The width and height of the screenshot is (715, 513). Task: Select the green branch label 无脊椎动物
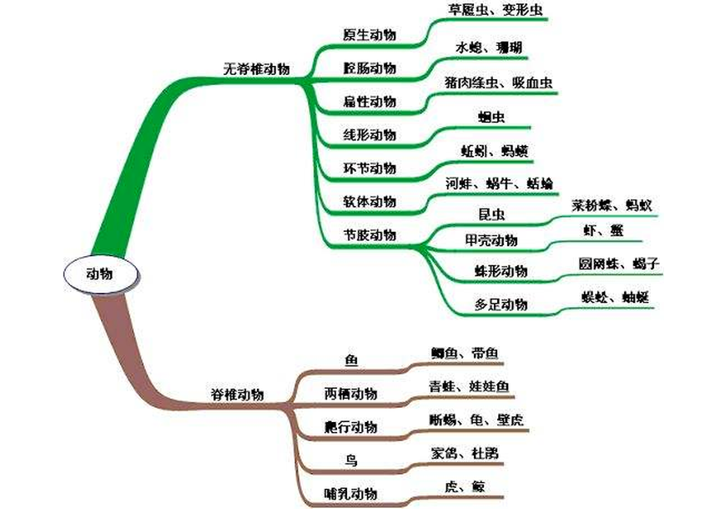click(257, 69)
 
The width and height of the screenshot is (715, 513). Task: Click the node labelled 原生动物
click(370, 35)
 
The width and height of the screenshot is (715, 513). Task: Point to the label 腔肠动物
click(370, 68)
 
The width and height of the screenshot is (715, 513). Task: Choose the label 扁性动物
click(370, 102)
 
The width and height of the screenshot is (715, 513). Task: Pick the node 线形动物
click(370, 135)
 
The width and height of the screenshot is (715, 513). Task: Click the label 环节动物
click(370, 168)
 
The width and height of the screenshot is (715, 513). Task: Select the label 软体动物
click(370, 201)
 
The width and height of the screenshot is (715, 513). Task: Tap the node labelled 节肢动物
click(370, 234)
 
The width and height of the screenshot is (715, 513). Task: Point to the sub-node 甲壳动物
click(491, 241)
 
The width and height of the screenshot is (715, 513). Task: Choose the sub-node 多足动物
click(501, 304)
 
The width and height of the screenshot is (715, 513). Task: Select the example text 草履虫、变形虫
click(486, 12)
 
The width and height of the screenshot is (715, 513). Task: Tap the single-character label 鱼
click(351, 360)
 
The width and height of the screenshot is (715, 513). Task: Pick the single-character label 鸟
click(351, 460)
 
